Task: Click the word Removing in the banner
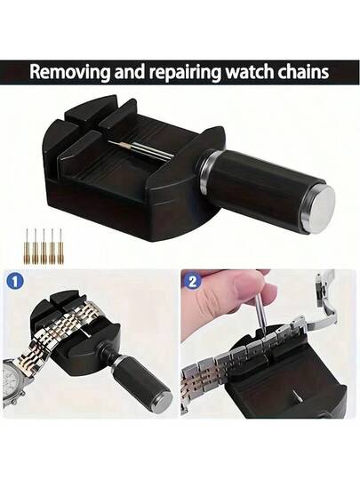pyautogui.click(x=70, y=73)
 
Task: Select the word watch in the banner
pyautogui.click(x=251, y=72)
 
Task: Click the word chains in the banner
pyautogui.click(x=304, y=72)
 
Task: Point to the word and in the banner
pyautogui.click(x=130, y=72)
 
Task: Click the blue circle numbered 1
pyautogui.click(x=14, y=281)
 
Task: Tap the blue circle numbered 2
pyautogui.click(x=192, y=281)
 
